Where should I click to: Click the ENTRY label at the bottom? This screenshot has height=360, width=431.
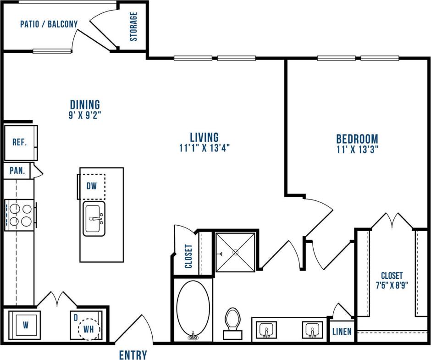point(133,354)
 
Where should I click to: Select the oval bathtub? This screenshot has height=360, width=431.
point(193,310)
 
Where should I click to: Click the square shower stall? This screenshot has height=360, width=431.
point(235,252)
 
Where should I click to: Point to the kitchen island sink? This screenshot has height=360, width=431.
point(94,219)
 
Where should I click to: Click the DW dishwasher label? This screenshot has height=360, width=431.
point(91,186)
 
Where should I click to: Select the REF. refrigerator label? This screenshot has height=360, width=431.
point(19,142)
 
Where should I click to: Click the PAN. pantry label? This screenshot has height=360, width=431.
point(17,171)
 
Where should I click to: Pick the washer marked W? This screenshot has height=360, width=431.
point(25,326)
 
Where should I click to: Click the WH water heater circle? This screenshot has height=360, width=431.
point(88,329)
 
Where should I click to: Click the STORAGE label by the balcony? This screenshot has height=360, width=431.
point(133,27)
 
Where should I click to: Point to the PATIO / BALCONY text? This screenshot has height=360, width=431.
point(49,24)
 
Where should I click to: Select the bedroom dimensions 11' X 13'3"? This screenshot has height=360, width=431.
point(357,149)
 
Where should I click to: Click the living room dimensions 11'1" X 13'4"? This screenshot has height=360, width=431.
point(204,148)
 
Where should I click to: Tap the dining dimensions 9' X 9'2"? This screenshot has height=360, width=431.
point(85,115)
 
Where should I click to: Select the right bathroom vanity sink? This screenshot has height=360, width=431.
point(313,330)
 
